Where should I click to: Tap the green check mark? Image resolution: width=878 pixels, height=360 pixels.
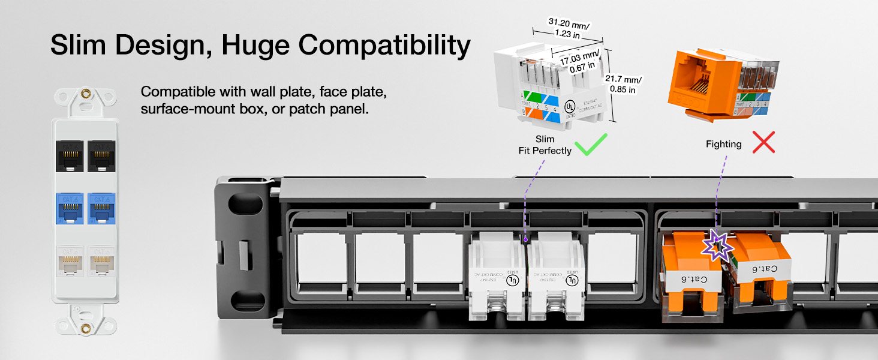pyautogui.click(x=590, y=144)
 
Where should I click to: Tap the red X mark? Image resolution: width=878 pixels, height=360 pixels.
pyautogui.click(x=763, y=143)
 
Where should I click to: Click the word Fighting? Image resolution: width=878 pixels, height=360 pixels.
pyautogui.click(x=723, y=145)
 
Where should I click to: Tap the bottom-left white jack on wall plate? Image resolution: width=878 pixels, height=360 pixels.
pyautogui.click(x=70, y=260)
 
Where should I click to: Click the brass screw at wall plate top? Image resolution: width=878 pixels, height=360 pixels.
pyautogui.click(x=86, y=95)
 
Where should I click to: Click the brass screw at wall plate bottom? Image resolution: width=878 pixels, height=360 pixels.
pyautogui.click(x=86, y=328)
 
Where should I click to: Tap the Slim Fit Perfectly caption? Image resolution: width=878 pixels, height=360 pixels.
pyautogui.click(x=545, y=145)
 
